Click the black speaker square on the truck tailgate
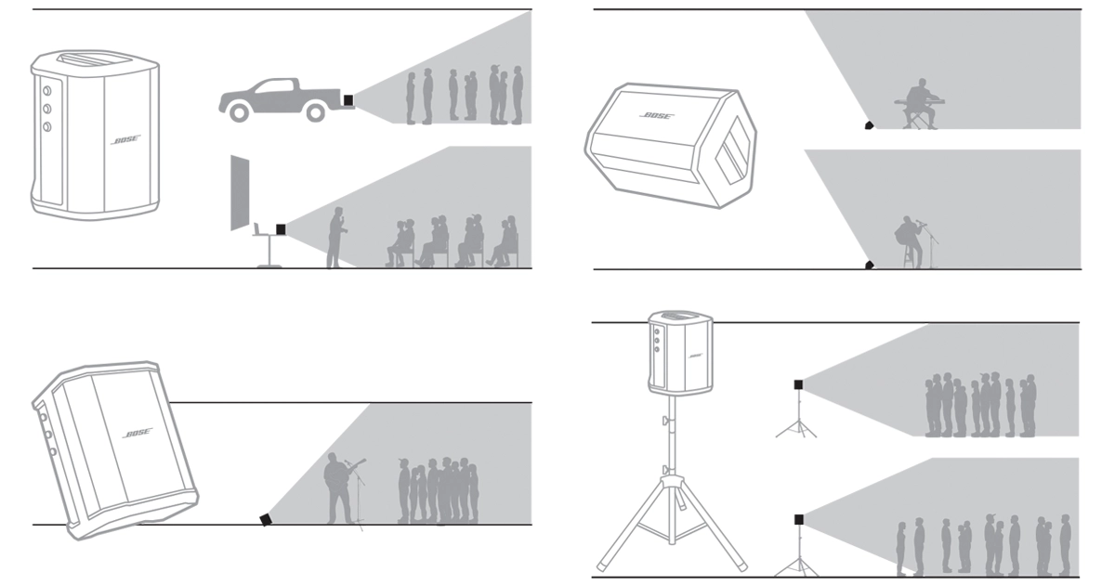(348, 100)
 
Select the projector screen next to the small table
(240, 192)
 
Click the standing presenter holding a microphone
(336, 238)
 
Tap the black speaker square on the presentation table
(281, 229)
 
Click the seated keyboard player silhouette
(920, 104)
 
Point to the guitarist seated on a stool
(912, 242)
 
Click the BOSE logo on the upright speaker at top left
(125, 140)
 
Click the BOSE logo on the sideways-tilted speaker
(657, 115)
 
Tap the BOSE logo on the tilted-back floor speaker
(138, 433)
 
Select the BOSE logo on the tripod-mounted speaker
(695, 356)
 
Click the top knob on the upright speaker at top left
(46, 91)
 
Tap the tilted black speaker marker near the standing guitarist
(266, 519)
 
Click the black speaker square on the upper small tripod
(798, 384)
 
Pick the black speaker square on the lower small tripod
(798, 520)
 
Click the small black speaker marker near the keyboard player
(869, 124)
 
